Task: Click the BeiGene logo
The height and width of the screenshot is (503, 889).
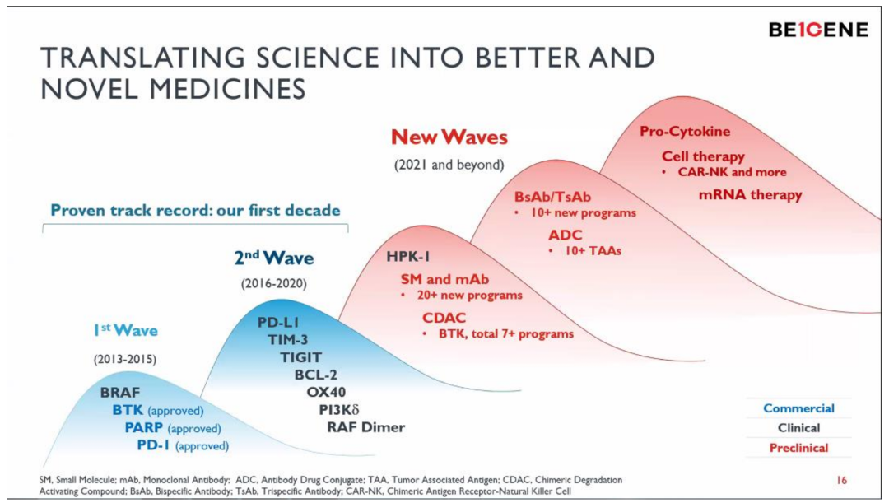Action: tap(818, 30)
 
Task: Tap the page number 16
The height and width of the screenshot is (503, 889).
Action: tap(841, 480)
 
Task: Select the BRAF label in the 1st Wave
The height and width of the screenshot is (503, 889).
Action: tap(119, 392)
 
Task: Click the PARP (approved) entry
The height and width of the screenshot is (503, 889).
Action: tap(173, 428)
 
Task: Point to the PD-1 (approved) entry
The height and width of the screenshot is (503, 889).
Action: tap(183, 446)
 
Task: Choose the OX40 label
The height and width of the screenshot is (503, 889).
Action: tap(326, 392)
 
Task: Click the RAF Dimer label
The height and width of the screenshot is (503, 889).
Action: tap(365, 427)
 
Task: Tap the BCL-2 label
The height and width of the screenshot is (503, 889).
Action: tap(314, 375)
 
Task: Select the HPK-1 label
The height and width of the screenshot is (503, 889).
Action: tap(413, 257)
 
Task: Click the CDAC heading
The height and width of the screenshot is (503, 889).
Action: tap(444, 318)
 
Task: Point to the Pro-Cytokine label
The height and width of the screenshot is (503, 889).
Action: tap(685, 131)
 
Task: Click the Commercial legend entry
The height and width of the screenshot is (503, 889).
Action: tap(798, 408)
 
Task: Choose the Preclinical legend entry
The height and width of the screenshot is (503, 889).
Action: tap(798, 448)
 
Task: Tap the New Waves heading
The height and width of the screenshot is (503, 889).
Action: tap(449, 137)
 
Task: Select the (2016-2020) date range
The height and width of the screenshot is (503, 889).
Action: tap(273, 284)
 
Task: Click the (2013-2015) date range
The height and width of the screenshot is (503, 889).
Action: tap(124, 359)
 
